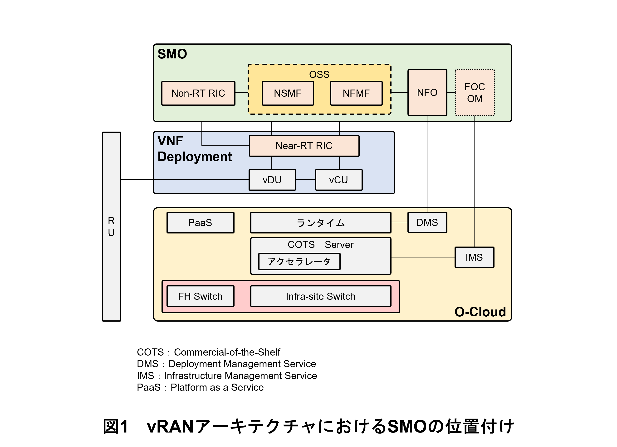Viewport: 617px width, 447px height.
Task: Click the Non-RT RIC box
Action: [x=198, y=93]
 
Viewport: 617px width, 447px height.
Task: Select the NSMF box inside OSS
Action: [x=288, y=93]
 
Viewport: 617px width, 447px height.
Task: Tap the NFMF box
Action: [x=356, y=93]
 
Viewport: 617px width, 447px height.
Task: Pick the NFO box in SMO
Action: [x=427, y=92]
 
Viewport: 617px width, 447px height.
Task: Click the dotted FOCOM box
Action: [x=475, y=93]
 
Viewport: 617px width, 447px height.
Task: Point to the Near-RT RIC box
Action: [x=304, y=146]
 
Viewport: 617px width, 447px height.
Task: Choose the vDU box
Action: [x=272, y=180]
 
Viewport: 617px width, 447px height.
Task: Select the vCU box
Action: [x=339, y=180]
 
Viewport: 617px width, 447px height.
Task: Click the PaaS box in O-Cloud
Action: [x=200, y=223]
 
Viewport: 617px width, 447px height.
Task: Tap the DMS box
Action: [x=427, y=222]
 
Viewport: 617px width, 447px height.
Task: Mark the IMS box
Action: [x=474, y=257]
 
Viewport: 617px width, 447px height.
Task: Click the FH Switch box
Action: [x=200, y=296]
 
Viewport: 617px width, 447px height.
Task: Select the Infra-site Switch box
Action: [x=320, y=296]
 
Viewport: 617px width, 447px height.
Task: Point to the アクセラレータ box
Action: [x=299, y=262]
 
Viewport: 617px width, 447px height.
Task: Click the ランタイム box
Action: [x=320, y=223]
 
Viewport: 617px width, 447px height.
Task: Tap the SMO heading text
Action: [x=172, y=54]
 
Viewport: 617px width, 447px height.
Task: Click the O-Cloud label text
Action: [x=480, y=312]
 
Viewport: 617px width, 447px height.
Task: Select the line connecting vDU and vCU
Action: [x=305, y=180]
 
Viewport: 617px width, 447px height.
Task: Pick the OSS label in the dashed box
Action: [x=319, y=74]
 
